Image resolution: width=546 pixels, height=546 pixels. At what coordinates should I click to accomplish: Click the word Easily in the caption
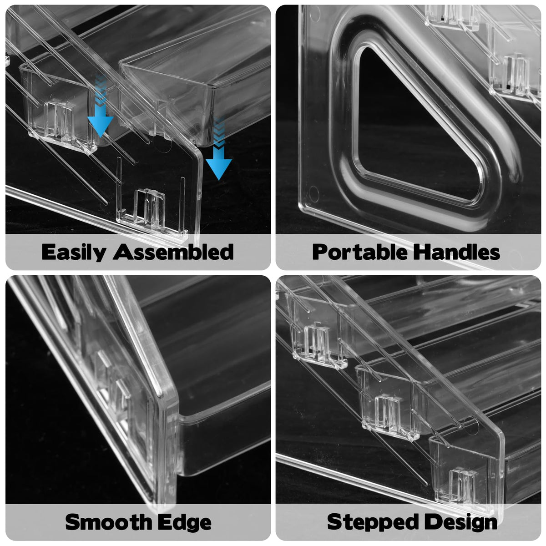74,252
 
